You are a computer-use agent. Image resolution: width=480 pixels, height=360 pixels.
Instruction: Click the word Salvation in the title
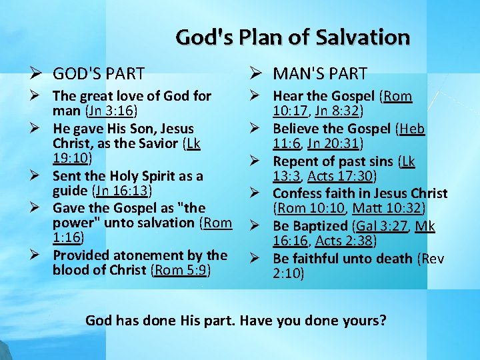[x=365, y=37]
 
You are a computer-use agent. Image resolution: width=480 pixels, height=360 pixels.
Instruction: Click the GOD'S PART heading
[x=99, y=73]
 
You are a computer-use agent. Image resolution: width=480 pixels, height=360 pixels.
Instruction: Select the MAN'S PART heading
[x=320, y=73]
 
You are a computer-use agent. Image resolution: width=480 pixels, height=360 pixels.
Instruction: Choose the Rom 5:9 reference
[x=181, y=270]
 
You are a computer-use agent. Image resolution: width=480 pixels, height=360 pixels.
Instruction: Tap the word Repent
[x=295, y=161]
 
